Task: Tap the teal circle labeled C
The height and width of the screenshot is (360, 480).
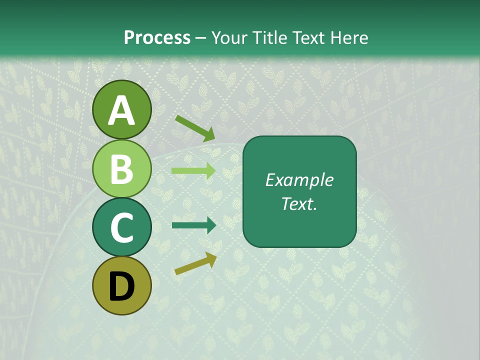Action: (122, 227)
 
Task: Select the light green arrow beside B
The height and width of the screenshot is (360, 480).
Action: (193, 170)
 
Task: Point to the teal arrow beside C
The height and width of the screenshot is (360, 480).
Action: (193, 225)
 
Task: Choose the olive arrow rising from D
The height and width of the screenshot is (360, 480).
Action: (195, 263)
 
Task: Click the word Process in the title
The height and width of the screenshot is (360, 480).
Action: (157, 37)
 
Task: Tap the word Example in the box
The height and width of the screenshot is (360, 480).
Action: (299, 180)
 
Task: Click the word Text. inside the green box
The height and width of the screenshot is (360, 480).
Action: (299, 203)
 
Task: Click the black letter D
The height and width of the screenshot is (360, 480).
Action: (122, 287)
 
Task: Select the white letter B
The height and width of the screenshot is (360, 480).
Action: (122, 169)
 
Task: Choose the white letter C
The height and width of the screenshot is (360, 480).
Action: (122, 227)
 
